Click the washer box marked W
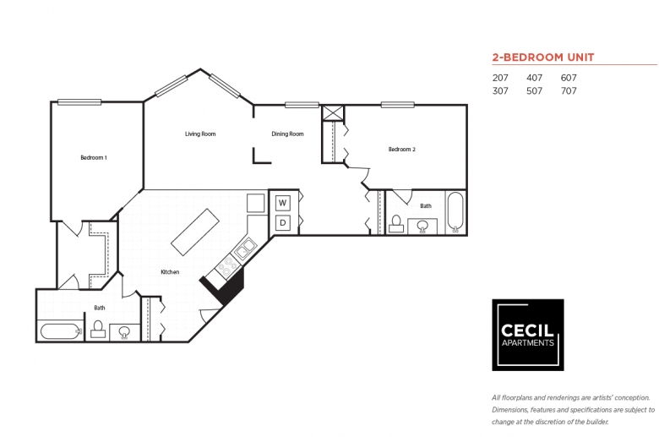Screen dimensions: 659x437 pos(282,203)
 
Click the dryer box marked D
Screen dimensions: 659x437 pos(282,222)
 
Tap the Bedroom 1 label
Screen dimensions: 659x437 pos(94,158)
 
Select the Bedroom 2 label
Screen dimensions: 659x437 pos(402,150)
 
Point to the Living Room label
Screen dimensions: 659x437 pos(200,134)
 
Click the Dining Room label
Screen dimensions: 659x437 pos(287,134)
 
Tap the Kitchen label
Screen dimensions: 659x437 pos(170,272)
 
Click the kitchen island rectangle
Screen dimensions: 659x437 pos(195,232)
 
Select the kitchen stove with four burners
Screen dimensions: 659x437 pos(227,265)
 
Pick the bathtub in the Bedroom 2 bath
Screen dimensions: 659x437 pos(455,212)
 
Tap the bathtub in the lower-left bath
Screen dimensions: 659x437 pos(61,331)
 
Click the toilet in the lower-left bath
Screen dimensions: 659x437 pos(98,329)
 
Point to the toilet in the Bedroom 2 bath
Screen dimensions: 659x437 pos(396,224)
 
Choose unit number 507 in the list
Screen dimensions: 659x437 pos(534,90)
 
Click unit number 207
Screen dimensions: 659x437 pos(500,78)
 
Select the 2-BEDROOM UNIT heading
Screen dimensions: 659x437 pos(543,57)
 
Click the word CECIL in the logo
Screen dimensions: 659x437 pos(527,330)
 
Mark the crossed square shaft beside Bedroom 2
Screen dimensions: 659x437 pos(333,113)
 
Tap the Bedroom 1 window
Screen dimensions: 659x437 pos(79,101)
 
